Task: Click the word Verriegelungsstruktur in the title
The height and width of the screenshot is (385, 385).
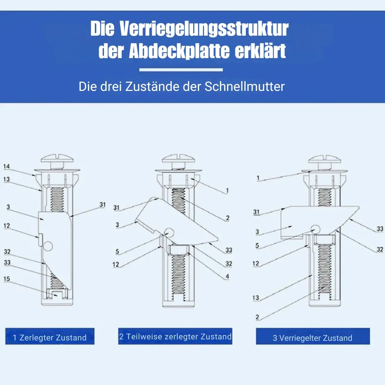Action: coord(204,29)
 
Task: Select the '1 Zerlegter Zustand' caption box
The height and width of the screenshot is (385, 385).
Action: coord(50,336)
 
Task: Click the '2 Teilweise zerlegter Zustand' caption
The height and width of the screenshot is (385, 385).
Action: coord(175,336)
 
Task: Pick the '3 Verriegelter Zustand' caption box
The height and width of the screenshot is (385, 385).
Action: coord(313,336)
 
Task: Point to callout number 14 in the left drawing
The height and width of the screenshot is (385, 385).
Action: coord(7,166)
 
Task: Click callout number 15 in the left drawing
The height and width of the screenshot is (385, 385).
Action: coord(7,279)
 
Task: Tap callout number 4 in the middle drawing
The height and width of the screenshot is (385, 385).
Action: coord(227,277)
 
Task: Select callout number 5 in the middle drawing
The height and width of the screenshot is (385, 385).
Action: coord(117,251)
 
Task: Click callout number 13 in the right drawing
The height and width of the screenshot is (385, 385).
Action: coord(256,298)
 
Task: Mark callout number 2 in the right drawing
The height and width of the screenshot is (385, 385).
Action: coord(257,317)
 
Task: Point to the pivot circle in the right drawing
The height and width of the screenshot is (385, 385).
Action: coord(315,229)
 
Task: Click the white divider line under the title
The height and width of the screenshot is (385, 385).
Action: coord(181,70)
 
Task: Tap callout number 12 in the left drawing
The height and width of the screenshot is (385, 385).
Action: coord(7,226)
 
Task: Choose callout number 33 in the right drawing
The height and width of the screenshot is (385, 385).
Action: coord(380,229)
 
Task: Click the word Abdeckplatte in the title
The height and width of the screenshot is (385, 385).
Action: coord(179,51)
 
